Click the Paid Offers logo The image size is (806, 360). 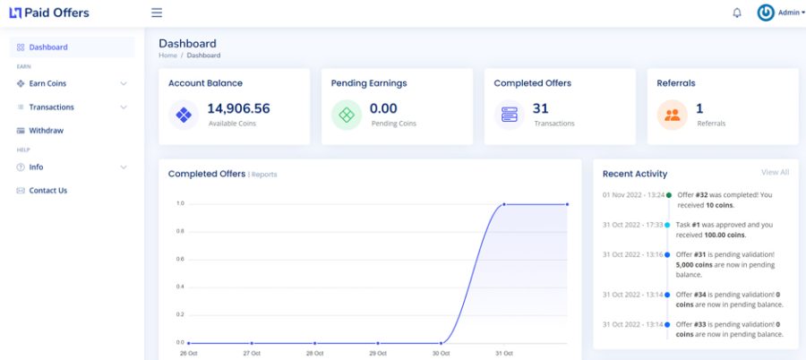pyautogui.click(x=49, y=13)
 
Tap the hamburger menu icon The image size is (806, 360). pyautogui.click(x=157, y=13)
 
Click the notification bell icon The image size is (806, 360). pyautogui.click(x=737, y=13)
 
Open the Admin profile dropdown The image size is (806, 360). pyautogui.click(x=781, y=13)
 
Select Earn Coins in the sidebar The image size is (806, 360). pyautogui.click(x=47, y=83)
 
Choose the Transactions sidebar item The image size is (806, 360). pyautogui.click(x=51, y=107)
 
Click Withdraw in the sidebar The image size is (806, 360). pyautogui.click(x=47, y=131)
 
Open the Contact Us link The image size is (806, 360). pyautogui.click(x=48, y=190)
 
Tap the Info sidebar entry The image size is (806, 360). pyautogui.click(x=36, y=167)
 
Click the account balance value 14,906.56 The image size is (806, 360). pyautogui.click(x=238, y=108)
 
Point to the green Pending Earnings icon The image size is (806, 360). pyautogui.click(x=347, y=115)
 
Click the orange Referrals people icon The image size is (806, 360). pyautogui.click(x=672, y=115)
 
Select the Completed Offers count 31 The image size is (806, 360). pyautogui.click(x=540, y=108)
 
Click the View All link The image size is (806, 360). pyautogui.click(x=776, y=172)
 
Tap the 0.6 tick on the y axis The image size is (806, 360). pyautogui.click(x=180, y=259)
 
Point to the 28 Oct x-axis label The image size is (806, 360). pyautogui.click(x=314, y=354)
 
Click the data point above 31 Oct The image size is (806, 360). pyautogui.click(x=503, y=204)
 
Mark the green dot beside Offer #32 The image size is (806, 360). pyautogui.click(x=669, y=195)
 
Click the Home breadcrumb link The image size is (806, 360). pyautogui.click(x=167, y=55)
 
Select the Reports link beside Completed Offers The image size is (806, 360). pyautogui.click(x=264, y=175)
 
